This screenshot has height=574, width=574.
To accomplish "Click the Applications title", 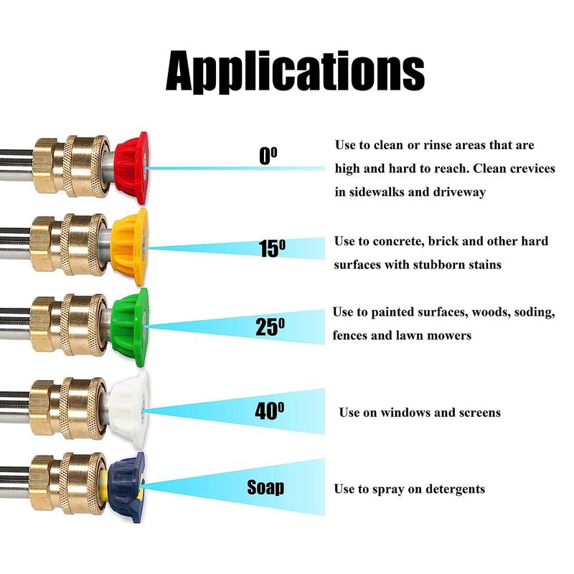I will (x=295, y=70).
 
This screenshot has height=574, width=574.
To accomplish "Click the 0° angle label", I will (x=268, y=155).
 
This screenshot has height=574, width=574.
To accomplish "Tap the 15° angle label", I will (x=272, y=248).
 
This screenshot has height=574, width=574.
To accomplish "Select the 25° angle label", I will (x=270, y=326).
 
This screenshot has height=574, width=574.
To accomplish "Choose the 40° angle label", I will (x=270, y=411).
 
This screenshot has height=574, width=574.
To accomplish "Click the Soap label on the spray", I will (x=265, y=488).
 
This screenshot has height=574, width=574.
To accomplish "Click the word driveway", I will (x=460, y=192).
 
